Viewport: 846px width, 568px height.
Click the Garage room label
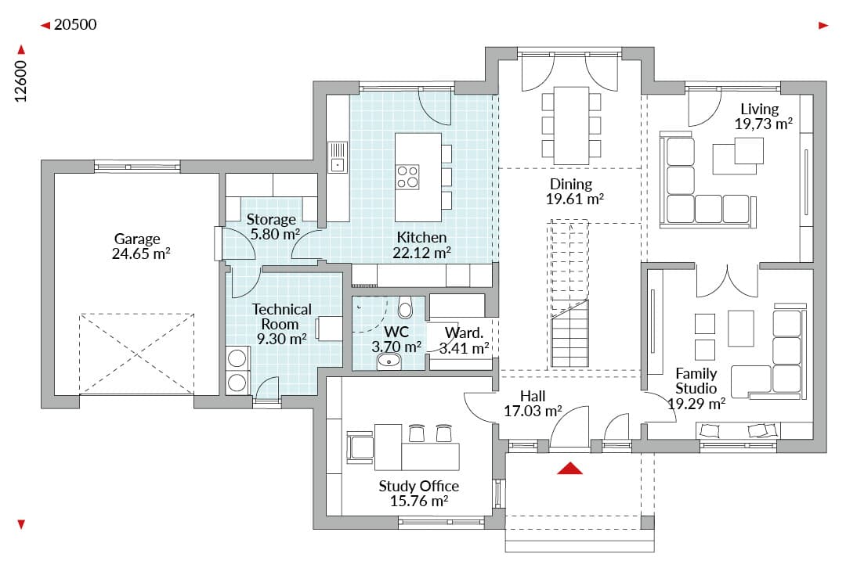(x=137, y=239)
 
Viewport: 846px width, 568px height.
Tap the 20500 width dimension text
(x=75, y=25)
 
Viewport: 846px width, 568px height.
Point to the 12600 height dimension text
(x=20, y=81)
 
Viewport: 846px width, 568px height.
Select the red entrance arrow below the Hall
(x=569, y=469)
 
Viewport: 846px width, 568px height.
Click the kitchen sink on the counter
(x=338, y=156)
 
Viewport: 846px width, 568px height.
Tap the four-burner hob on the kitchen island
(x=407, y=177)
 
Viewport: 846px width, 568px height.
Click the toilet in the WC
(x=405, y=307)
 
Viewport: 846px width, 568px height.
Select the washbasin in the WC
(x=389, y=361)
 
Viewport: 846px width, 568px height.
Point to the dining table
(x=571, y=125)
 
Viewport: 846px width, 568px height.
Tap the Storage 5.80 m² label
(x=273, y=227)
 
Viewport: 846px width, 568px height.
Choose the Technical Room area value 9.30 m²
(x=282, y=339)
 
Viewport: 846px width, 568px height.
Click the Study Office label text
(x=418, y=486)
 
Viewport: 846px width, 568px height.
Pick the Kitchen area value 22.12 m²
(x=422, y=252)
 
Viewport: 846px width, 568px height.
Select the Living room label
(x=760, y=109)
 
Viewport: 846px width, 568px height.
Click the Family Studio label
(x=696, y=381)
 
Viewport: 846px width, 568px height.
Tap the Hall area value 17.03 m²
(x=533, y=412)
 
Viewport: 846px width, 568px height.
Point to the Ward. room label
(x=464, y=333)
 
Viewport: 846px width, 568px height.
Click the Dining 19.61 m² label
(x=574, y=192)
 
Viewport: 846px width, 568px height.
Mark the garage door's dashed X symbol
(x=136, y=354)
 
